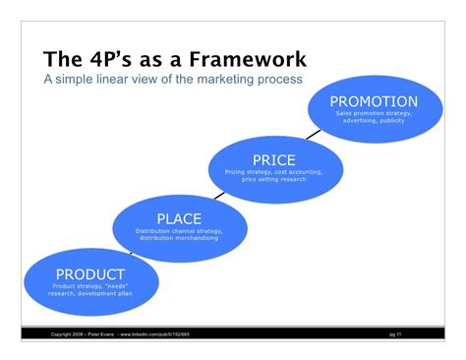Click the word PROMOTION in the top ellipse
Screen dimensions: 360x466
pos(373,101)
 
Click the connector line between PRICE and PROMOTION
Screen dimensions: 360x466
pos(312,132)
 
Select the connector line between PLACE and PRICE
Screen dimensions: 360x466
pos(218,192)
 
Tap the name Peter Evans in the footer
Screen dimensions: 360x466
pos(98,335)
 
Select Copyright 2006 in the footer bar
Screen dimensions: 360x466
pos(65,335)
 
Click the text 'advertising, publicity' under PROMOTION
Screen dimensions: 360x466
pos(374,121)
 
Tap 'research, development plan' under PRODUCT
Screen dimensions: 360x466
pos(90,292)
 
